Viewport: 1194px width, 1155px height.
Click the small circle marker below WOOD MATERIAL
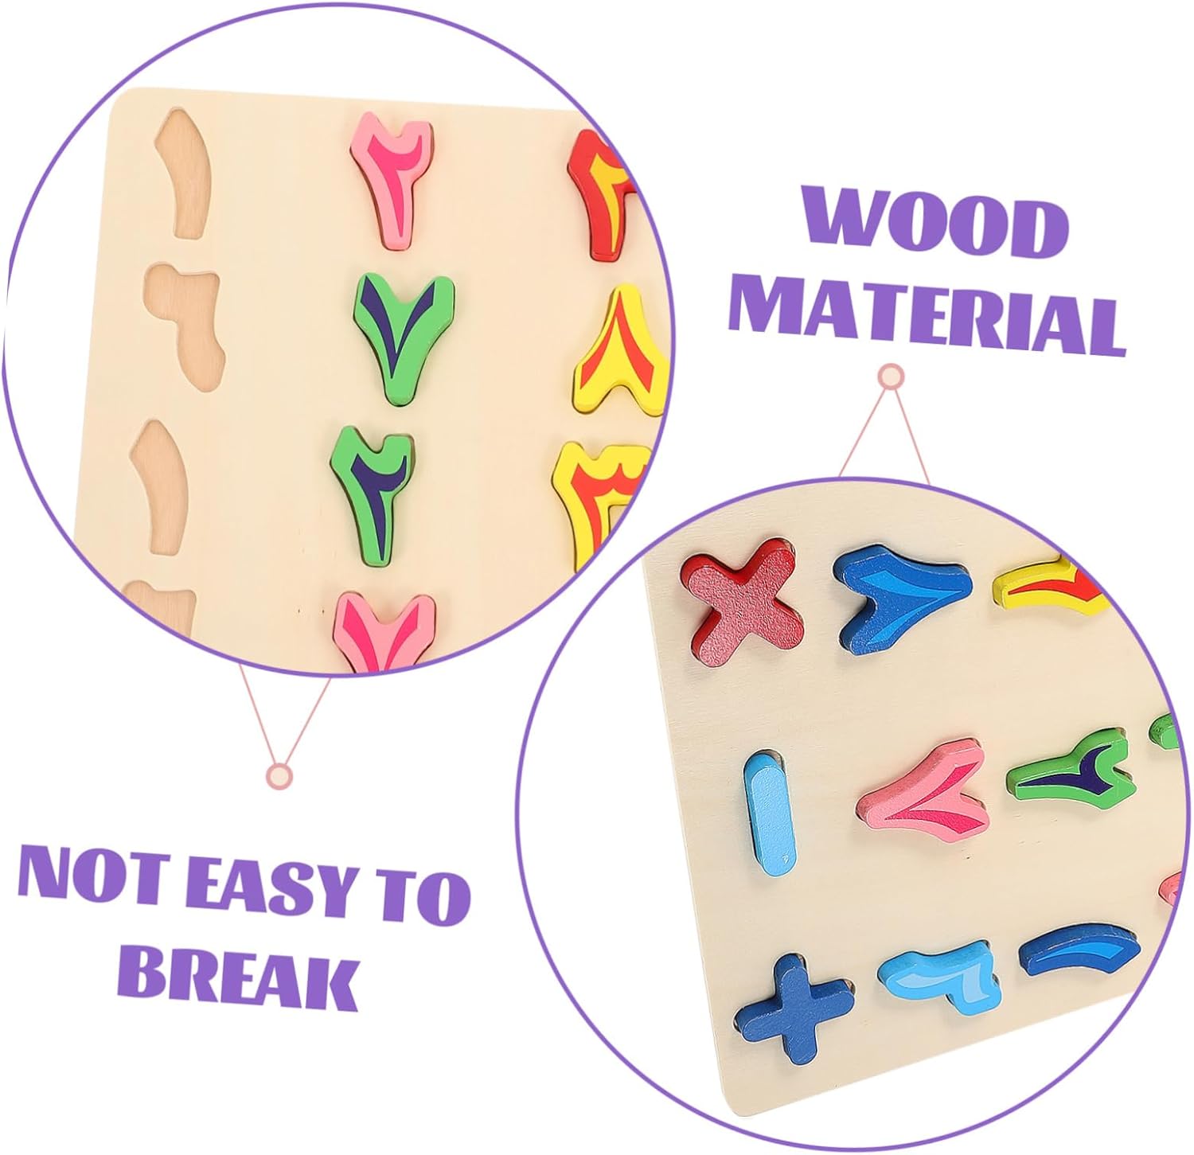891,375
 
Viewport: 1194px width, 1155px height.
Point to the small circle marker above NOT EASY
279,775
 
